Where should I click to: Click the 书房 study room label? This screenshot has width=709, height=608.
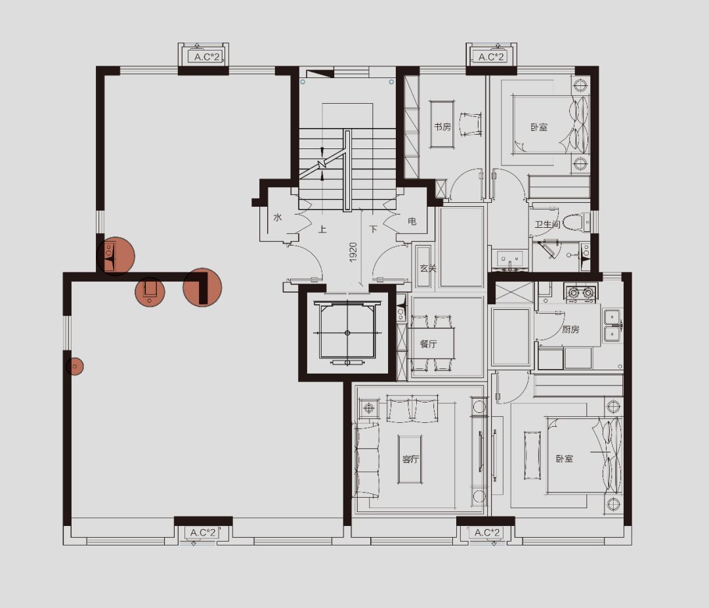tap(442, 127)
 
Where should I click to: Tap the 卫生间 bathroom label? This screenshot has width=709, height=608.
tap(547, 225)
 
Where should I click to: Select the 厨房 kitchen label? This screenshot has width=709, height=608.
tap(570, 330)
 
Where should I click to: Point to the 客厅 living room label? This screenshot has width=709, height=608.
tap(410, 459)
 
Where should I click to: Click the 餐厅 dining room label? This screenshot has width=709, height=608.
tap(428, 344)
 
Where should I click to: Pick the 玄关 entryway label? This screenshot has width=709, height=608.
tap(427, 269)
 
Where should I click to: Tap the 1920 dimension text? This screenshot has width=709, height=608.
tap(353, 252)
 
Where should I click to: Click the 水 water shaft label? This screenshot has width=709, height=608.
tap(278, 217)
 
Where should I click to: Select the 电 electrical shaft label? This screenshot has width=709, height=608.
tap(412, 222)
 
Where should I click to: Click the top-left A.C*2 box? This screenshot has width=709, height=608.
tap(206, 57)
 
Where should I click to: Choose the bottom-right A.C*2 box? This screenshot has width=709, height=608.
tap(487, 533)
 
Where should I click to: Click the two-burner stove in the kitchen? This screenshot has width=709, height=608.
tap(581, 293)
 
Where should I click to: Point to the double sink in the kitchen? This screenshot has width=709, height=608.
tap(613, 326)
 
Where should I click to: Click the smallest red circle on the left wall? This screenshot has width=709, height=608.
tap(75, 366)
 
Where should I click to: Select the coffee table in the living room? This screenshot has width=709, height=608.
tap(410, 459)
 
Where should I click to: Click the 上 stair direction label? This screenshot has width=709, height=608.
tap(322, 229)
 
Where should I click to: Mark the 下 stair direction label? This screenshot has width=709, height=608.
tap(373, 229)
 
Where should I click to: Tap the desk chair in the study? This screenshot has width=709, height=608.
tap(470, 123)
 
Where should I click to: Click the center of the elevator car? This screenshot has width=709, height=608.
tap(347, 333)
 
